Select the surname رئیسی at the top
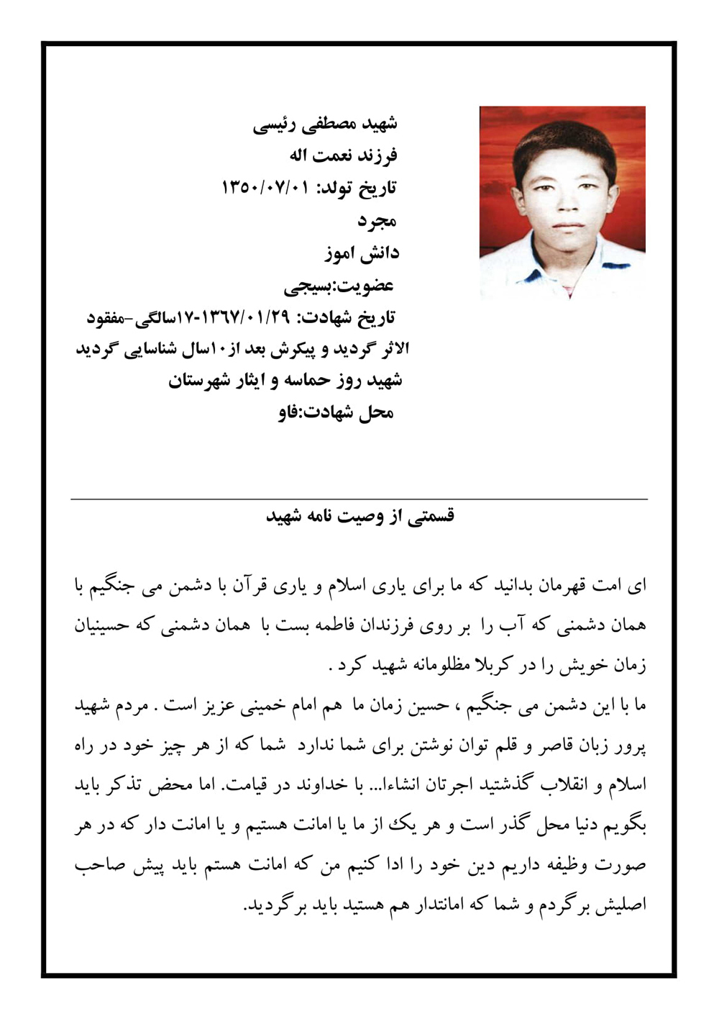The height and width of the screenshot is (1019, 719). (273, 124)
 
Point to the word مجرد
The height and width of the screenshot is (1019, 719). (378, 221)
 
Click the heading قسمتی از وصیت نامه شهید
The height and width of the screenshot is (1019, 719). (360, 517)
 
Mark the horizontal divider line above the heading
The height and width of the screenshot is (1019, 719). (359, 499)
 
